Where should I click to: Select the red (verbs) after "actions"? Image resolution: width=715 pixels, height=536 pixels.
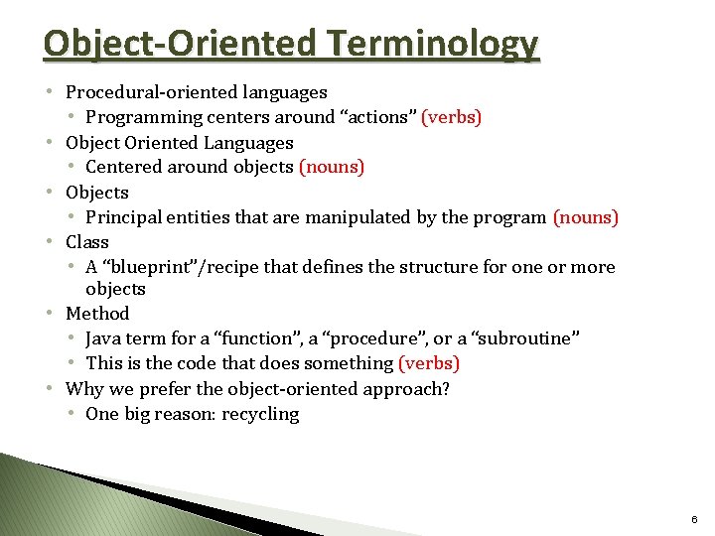tap(452, 117)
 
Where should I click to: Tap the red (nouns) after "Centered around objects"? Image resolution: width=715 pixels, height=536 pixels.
tap(332, 167)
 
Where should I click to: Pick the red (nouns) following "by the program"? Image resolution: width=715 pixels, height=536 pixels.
tap(585, 216)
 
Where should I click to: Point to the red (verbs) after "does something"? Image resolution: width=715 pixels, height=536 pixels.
tap(429, 363)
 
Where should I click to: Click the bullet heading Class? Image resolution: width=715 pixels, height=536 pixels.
tap(87, 241)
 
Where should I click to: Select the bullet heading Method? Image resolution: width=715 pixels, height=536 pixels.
tap(97, 314)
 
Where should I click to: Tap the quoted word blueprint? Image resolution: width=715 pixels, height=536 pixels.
tap(146, 267)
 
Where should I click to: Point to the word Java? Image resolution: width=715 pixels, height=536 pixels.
tap(104, 338)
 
